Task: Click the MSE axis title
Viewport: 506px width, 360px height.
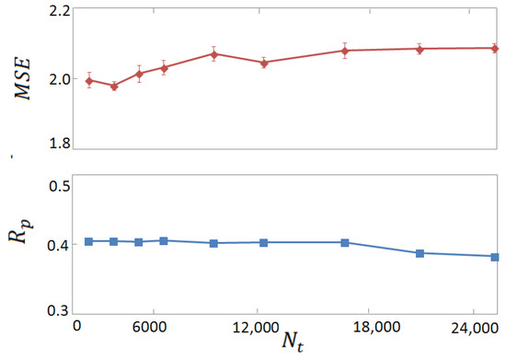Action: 19,77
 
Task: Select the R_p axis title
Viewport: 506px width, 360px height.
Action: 21,247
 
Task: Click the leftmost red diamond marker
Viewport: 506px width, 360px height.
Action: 89,81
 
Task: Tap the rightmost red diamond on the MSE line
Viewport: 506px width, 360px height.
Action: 494,48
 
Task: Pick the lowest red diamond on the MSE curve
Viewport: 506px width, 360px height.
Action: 114,86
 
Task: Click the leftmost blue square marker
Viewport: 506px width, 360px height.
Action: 89,241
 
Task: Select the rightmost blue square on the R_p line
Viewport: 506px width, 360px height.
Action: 494,257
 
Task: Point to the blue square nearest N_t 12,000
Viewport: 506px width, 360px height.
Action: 264,243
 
